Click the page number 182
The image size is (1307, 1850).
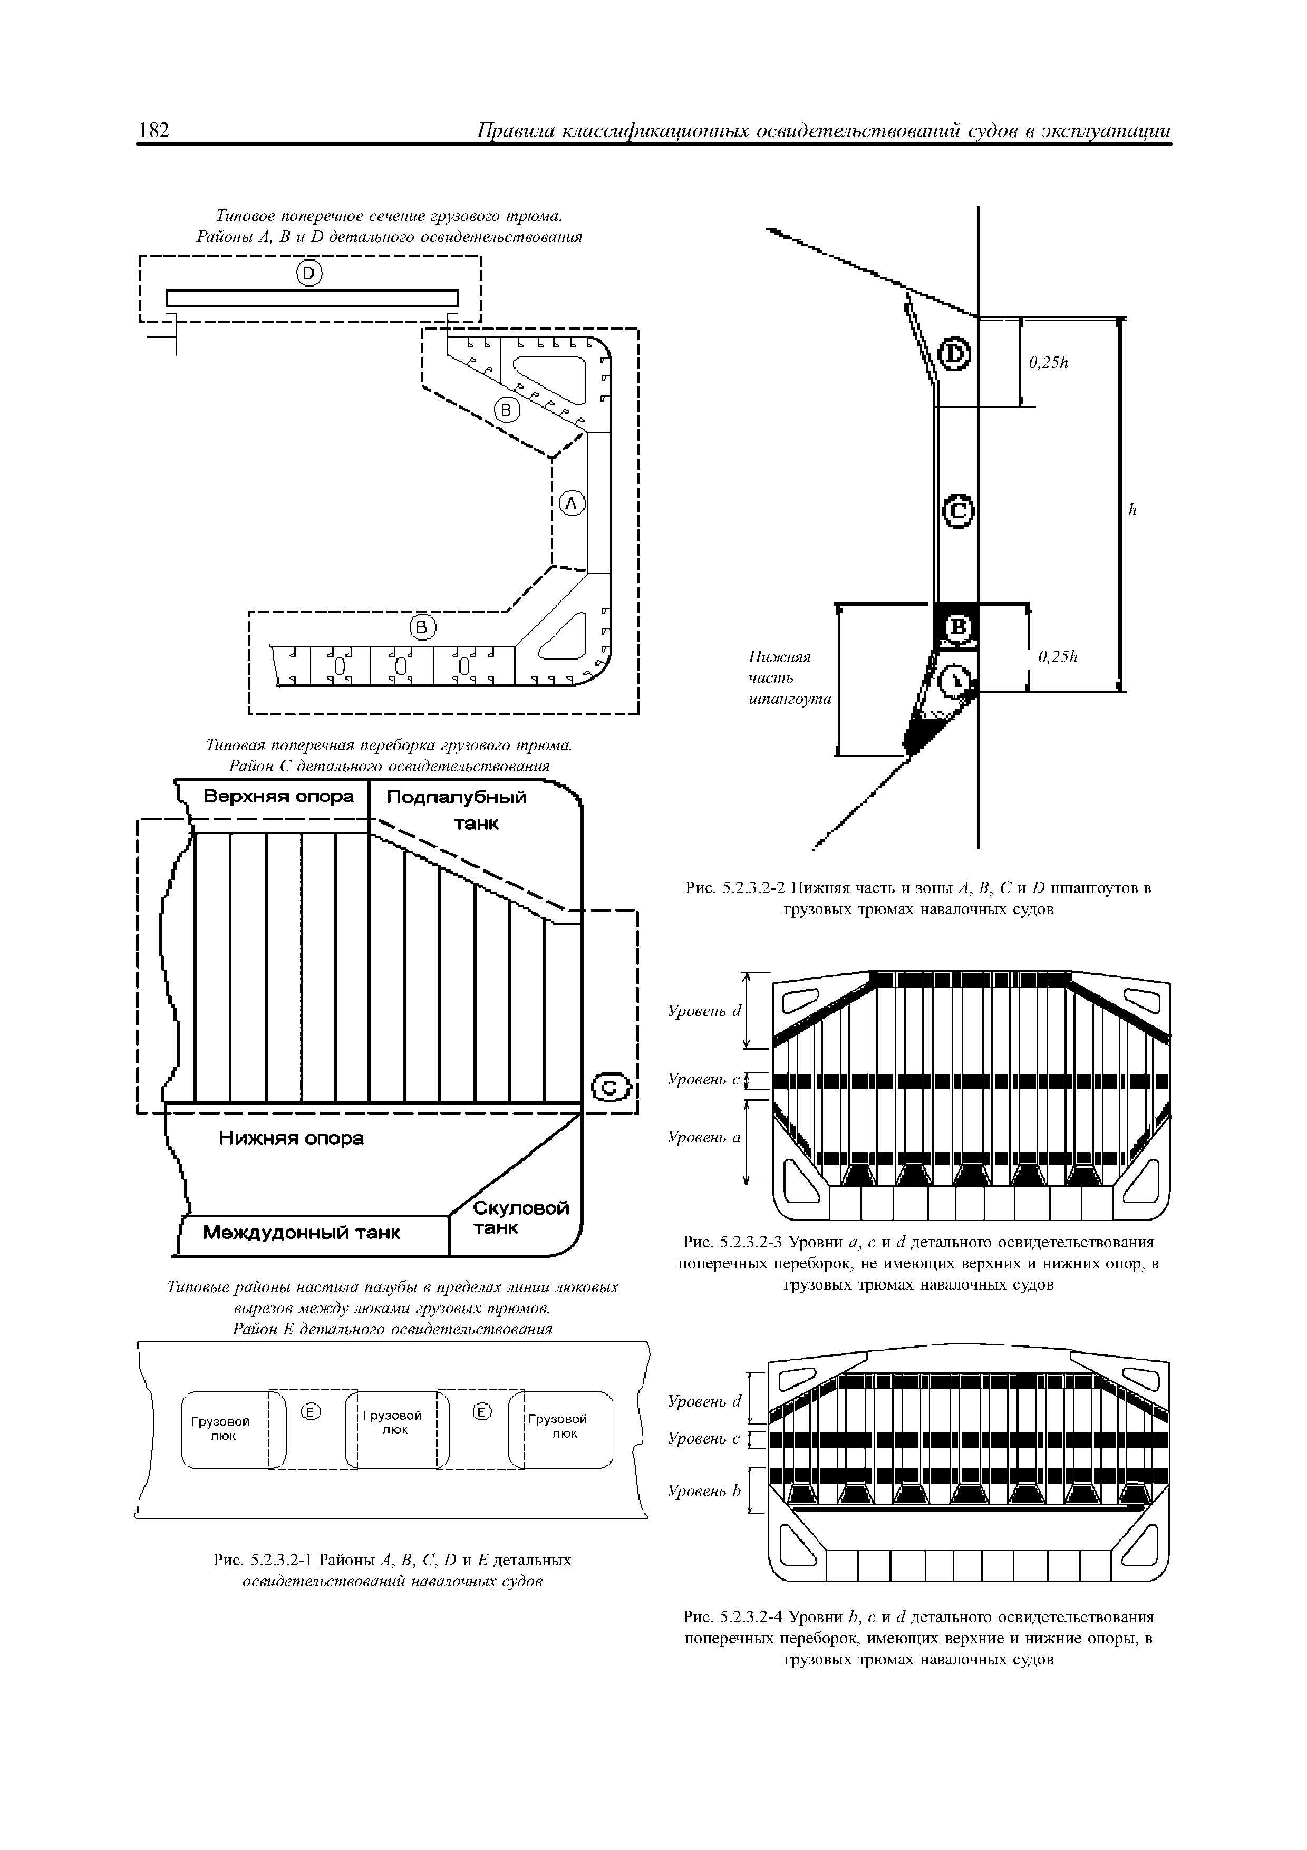(x=154, y=130)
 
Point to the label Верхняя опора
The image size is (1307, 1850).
(x=278, y=797)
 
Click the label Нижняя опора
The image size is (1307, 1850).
(x=291, y=1139)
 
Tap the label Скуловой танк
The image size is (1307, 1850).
(x=520, y=1218)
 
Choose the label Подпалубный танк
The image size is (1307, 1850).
(x=458, y=809)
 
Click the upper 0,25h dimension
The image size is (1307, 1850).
(x=1048, y=363)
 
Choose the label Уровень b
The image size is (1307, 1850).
(x=703, y=1491)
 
